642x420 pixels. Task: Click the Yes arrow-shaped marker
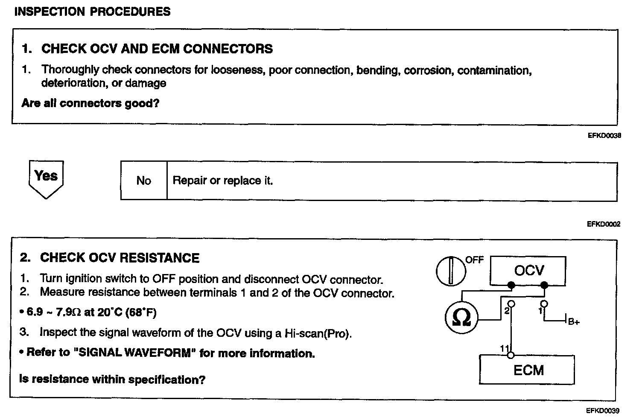coord(46,178)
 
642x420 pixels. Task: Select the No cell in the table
coord(144,181)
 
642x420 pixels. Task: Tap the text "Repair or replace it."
coord(222,181)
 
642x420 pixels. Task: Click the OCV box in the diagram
coord(528,271)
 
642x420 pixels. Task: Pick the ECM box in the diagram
coord(528,370)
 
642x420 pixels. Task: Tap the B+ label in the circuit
coord(573,322)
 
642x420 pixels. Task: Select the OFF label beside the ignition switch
coord(474,260)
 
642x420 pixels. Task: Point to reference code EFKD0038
coord(603,136)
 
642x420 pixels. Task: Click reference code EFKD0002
coord(603,224)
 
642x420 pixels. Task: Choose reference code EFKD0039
coord(602,411)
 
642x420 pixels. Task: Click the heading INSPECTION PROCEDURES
coord(92,12)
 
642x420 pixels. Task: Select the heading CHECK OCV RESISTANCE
coord(120,258)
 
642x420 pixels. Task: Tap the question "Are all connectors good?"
coord(90,103)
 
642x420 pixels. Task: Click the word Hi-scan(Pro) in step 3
coord(318,333)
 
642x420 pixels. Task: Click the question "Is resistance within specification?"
coord(112,379)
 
